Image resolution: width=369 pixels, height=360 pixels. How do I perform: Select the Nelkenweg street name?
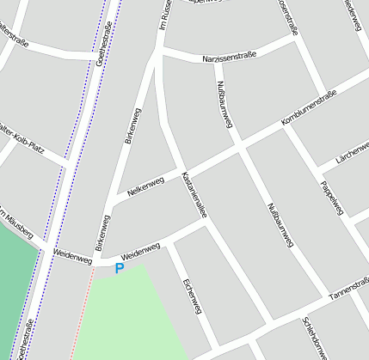pos(145,183)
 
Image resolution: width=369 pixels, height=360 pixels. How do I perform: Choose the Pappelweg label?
pos(331,198)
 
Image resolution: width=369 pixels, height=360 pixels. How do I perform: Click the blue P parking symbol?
pos(120,269)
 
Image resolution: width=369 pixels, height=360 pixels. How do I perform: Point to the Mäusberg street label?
pos(16,223)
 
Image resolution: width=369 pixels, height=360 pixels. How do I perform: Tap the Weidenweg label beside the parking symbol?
pos(141,252)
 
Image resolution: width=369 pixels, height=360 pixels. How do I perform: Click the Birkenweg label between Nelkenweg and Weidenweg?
pos(104,233)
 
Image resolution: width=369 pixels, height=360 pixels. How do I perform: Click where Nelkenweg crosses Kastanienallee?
pos(179,168)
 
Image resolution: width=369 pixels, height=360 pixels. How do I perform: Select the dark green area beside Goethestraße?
pos(15,284)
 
